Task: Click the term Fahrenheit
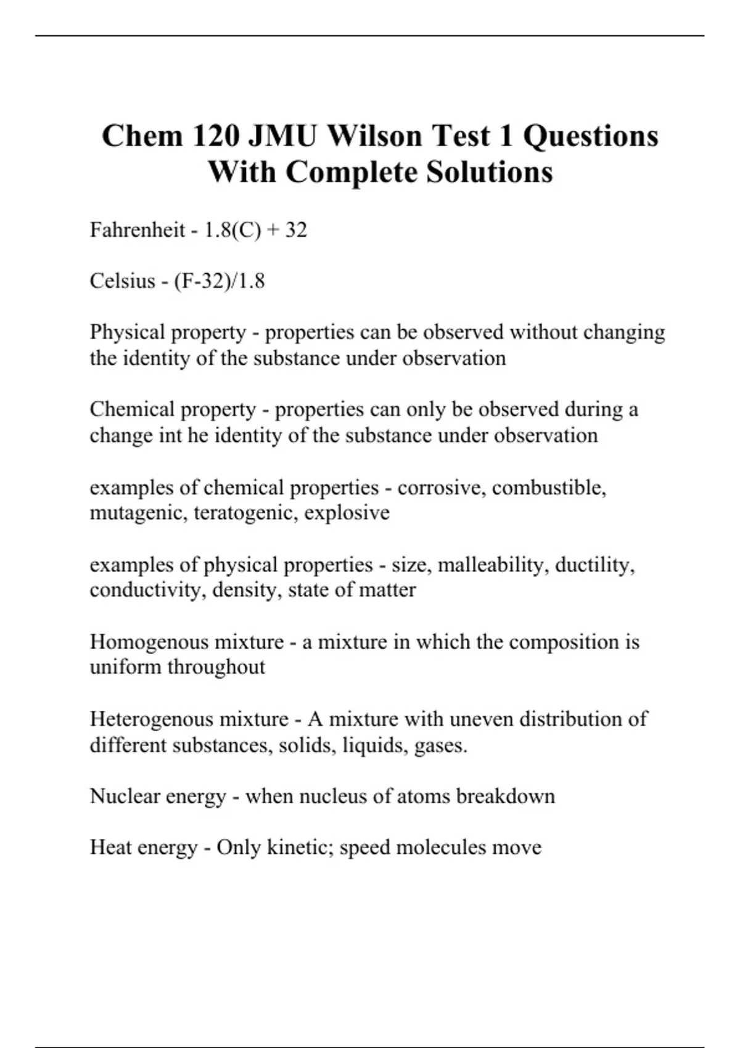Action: coord(138,230)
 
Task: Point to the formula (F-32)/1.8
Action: coord(220,281)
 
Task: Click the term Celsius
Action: coord(122,281)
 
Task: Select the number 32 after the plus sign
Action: coord(296,230)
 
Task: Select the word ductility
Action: coord(595,565)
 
